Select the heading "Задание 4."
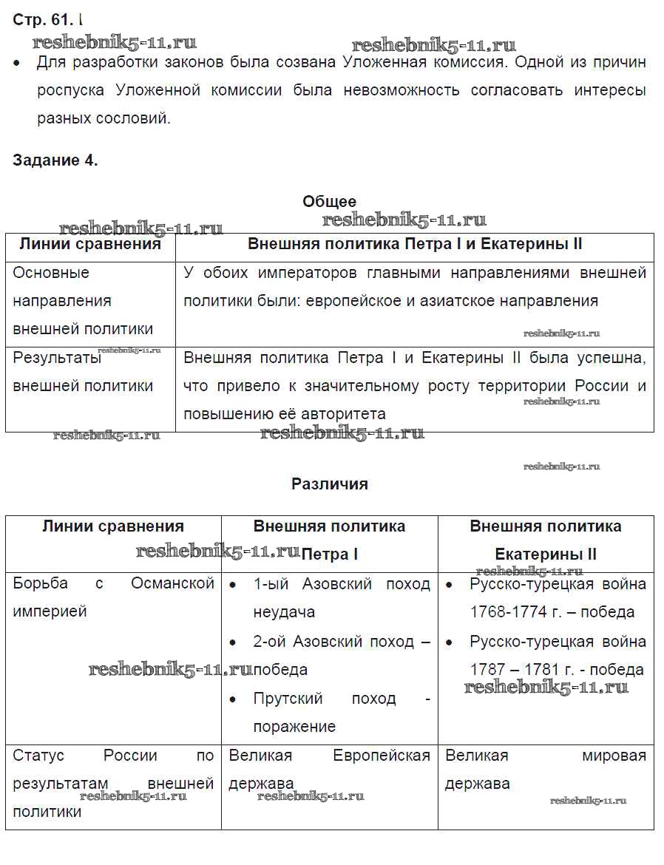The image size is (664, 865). tap(55, 160)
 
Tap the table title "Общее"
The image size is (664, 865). tap(329, 201)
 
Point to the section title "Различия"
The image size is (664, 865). tap(329, 484)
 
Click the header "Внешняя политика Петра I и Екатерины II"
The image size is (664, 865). tap(415, 245)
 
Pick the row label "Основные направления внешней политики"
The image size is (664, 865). tap(83, 301)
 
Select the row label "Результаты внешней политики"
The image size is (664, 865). tap(83, 372)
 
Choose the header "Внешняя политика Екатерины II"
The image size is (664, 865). tap(546, 540)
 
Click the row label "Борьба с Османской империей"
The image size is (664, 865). tap(113, 597)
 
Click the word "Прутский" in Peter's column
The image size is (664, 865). tap(288, 699)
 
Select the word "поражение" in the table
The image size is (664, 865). tap(294, 727)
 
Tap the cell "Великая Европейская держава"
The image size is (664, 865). tap(329, 769)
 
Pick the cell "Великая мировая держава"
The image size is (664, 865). tap(546, 769)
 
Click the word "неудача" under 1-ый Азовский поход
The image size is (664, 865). tap(284, 612)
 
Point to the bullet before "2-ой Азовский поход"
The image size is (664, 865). tap(234, 642)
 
